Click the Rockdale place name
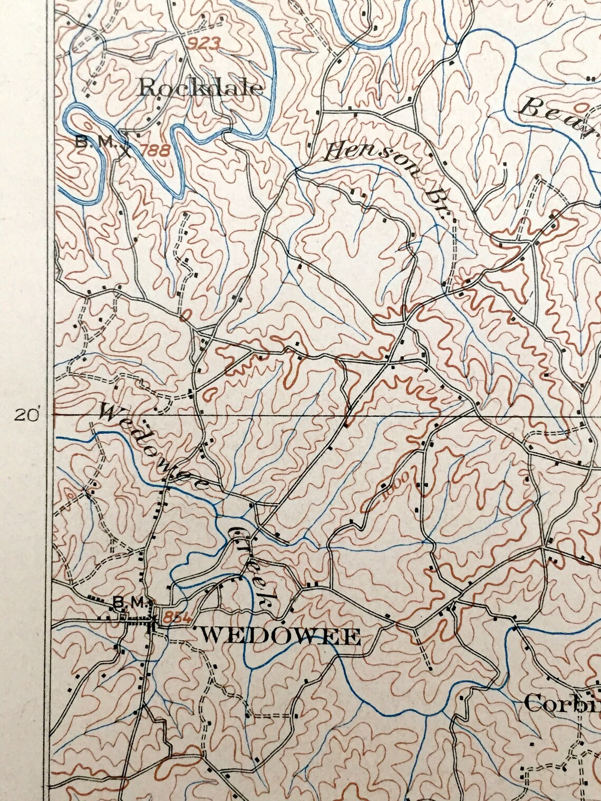[200, 88]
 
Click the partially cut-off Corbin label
[562, 704]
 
